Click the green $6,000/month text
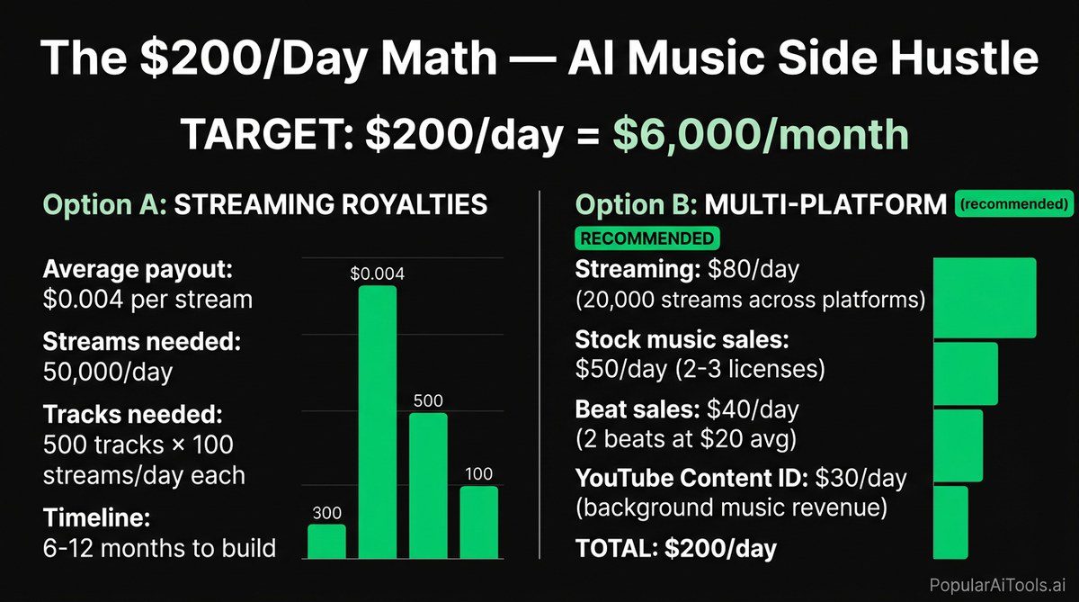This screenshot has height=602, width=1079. (x=760, y=134)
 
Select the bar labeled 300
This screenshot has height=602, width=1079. (x=326, y=541)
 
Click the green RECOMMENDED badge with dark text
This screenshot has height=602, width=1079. (x=646, y=239)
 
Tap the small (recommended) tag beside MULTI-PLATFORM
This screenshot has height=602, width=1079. (x=1015, y=204)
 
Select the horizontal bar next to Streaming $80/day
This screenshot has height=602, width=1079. (x=985, y=297)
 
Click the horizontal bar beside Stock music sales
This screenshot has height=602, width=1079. (x=966, y=373)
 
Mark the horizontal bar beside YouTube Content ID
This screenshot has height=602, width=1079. (x=951, y=522)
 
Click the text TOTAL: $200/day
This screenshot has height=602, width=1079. (x=675, y=548)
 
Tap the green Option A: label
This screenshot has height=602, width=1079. (x=103, y=205)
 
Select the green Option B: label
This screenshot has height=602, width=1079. (x=633, y=205)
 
